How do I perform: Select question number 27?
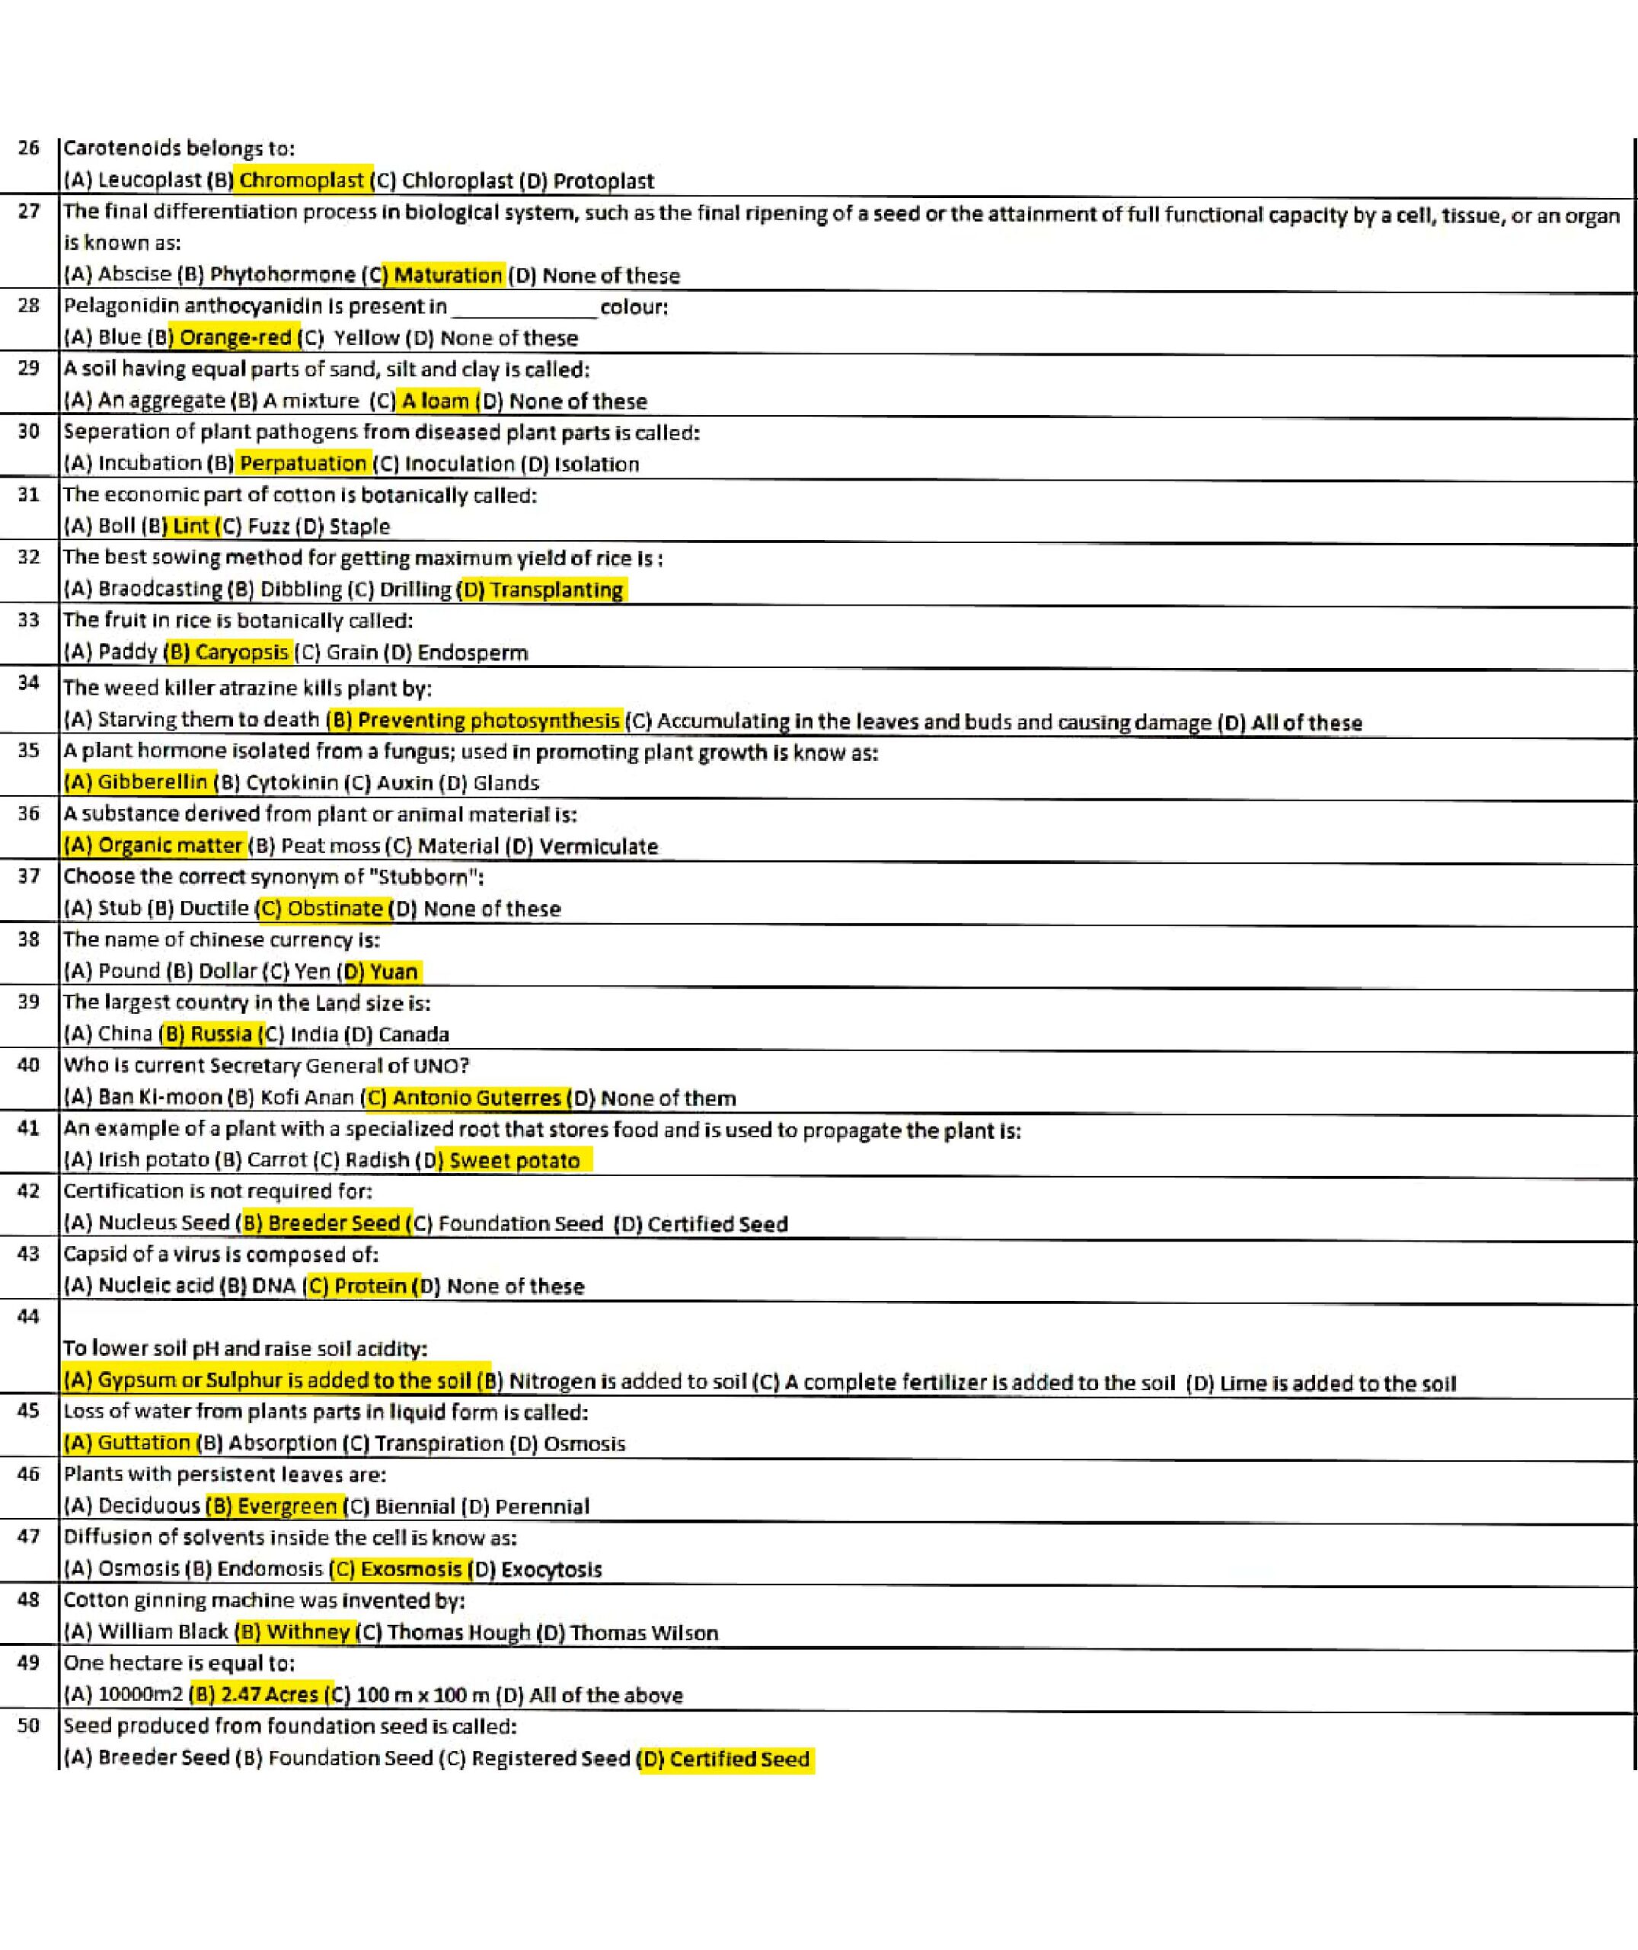click(29, 212)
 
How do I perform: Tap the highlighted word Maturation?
click(448, 275)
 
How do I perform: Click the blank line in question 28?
click(524, 308)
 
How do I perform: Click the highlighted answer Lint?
click(190, 526)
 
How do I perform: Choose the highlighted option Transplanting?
click(555, 590)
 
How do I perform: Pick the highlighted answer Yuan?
click(393, 971)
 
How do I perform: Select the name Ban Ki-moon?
click(159, 1098)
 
